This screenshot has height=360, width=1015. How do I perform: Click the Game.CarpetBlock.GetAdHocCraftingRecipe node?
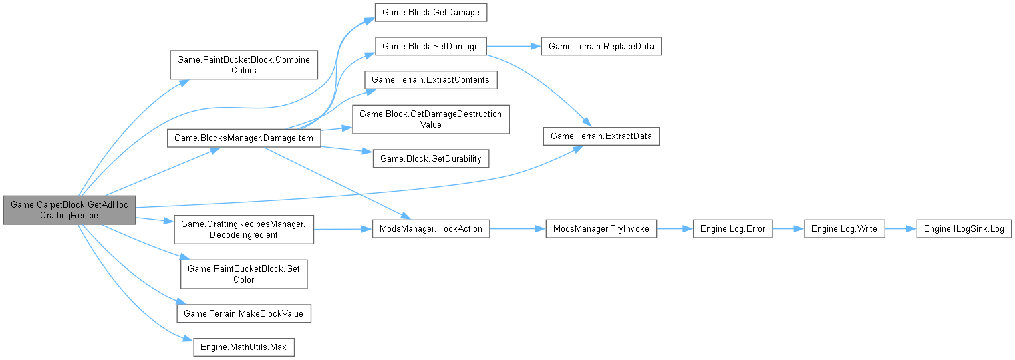coord(69,210)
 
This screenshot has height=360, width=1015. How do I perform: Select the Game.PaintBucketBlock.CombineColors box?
coord(244,65)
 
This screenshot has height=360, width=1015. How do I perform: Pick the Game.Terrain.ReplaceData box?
coord(601,47)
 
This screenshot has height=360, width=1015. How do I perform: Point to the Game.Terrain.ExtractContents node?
coord(430,80)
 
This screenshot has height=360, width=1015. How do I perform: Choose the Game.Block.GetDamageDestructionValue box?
coord(431,120)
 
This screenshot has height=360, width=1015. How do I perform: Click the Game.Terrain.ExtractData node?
coord(601,136)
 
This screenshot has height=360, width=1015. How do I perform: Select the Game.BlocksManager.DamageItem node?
coord(244,138)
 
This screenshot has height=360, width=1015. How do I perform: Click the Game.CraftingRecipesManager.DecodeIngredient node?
coord(244,228)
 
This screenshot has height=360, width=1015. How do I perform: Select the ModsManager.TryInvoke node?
coord(601,228)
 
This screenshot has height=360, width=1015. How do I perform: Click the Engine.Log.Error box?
coord(733,228)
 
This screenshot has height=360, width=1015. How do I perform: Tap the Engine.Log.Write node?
coord(844,228)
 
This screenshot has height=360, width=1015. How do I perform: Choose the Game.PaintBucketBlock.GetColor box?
coord(244,274)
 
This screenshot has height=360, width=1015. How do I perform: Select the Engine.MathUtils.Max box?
coord(244,347)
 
